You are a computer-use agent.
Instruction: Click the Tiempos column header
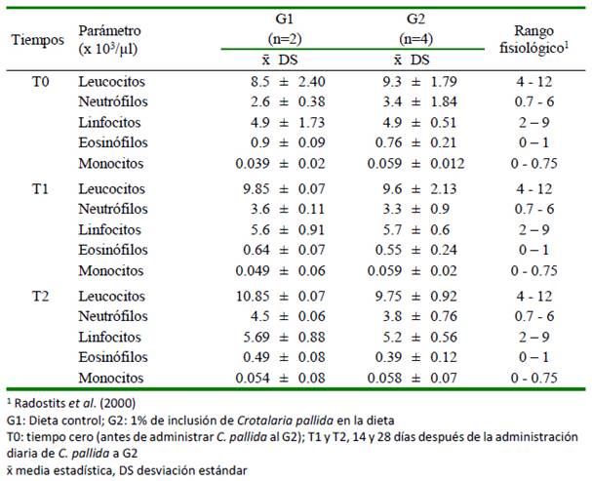coord(38,40)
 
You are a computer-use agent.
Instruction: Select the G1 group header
coord(284,19)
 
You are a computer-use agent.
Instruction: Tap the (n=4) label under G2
coord(416,39)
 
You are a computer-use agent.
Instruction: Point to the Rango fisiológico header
coord(534,40)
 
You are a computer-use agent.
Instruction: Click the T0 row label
coord(40,82)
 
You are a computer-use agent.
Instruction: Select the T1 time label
coord(40,188)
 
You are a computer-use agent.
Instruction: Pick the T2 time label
coord(40,296)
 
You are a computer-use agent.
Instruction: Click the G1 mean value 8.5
coord(260,82)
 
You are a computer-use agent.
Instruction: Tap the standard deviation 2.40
coord(311,82)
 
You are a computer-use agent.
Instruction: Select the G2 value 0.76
coord(388,142)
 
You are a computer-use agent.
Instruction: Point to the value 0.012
coord(448,164)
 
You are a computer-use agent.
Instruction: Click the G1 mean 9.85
coord(257,188)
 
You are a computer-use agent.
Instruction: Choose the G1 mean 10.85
coord(253,296)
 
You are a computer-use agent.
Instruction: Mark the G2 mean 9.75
coord(388,296)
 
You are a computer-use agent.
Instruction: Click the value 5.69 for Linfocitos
coord(257,337)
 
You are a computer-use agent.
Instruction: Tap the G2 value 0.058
coord(384,378)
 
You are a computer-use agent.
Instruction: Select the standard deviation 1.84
coord(444,101)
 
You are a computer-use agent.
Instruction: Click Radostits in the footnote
coord(40,403)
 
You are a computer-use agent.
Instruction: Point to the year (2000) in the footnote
coord(117,404)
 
